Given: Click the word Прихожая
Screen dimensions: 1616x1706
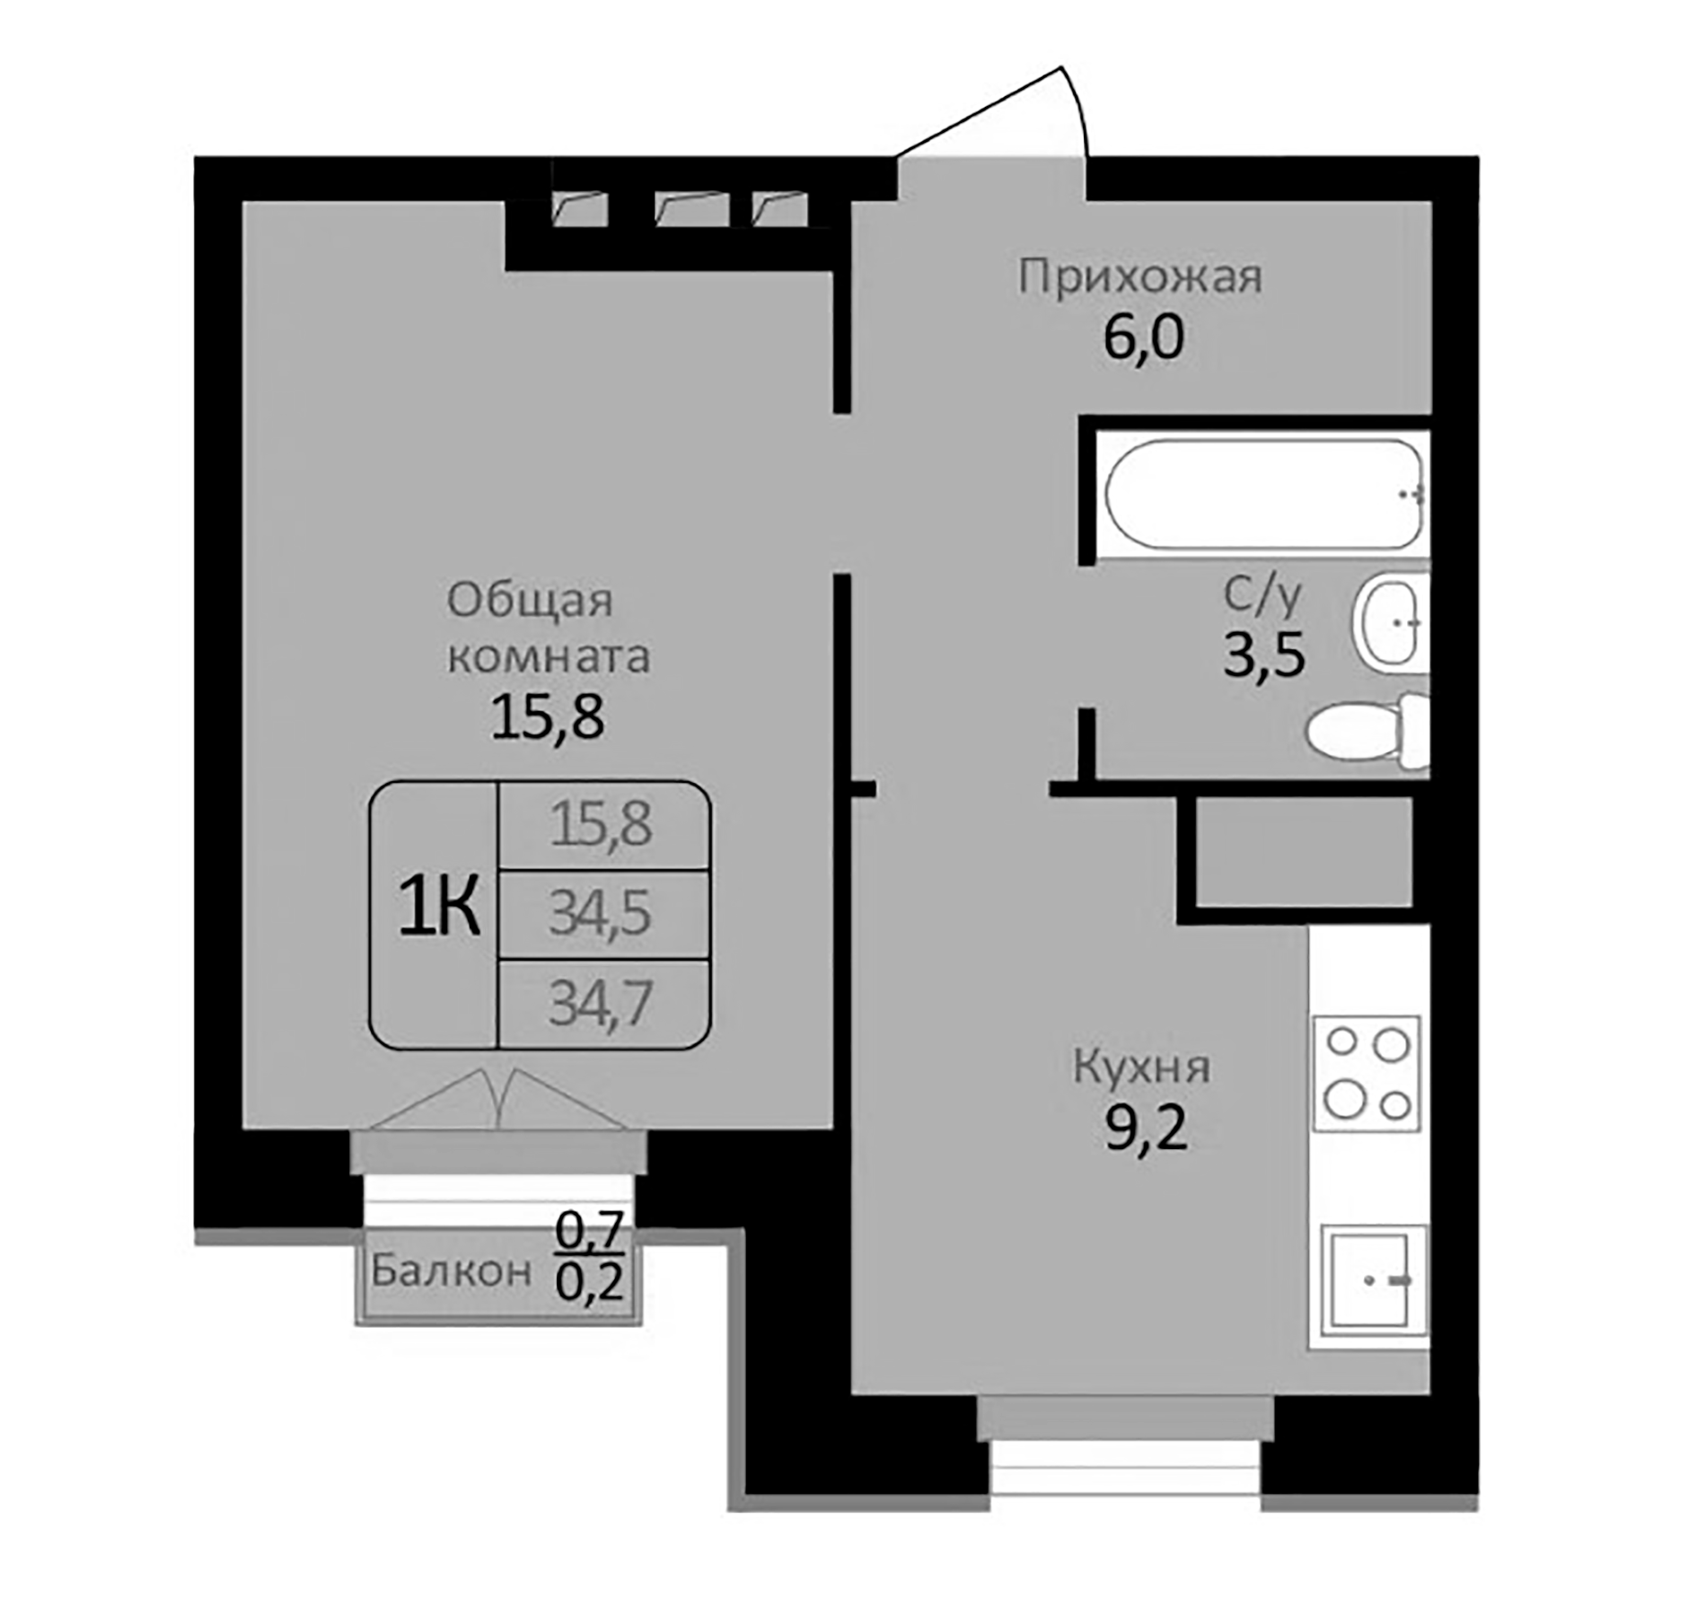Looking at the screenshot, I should (x=1140, y=277).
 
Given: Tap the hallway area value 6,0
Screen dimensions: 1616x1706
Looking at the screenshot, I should (x=1143, y=339).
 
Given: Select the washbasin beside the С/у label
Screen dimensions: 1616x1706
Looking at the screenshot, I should (x=1388, y=622).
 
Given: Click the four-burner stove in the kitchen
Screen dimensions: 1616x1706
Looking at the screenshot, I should (x=1367, y=1073).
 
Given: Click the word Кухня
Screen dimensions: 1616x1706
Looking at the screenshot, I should (x=1141, y=1068).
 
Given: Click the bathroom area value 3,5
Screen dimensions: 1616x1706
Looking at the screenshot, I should (x=1264, y=656).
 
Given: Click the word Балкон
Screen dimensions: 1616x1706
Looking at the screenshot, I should (x=451, y=1271).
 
